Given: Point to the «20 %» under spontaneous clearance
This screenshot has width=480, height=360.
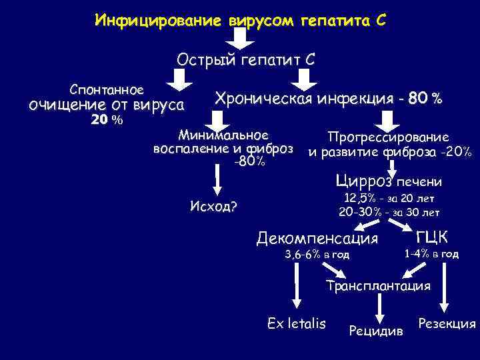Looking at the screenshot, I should click(x=107, y=120).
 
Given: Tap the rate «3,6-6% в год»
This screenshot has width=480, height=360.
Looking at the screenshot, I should click(x=317, y=254).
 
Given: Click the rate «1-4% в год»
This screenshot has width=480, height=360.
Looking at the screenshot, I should click(x=431, y=253).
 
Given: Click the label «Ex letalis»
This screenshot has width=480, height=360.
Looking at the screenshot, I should click(x=296, y=323).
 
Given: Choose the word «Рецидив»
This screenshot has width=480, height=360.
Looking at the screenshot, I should click(x=376, y=330).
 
